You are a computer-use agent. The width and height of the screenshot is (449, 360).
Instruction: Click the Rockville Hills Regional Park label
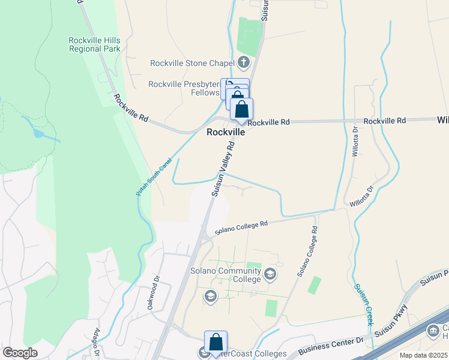coord(94,44)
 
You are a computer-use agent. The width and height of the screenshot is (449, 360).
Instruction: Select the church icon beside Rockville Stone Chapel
coord(244,62)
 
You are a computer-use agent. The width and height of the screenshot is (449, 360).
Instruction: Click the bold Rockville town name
coord(226,132)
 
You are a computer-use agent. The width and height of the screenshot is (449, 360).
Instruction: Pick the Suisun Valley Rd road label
coord(222,169)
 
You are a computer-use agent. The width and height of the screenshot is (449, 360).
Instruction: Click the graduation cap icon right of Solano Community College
coord(270,274)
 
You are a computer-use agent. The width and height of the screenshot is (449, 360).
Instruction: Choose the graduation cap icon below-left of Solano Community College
coord(210,296)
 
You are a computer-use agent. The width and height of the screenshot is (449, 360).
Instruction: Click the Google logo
coord(20,353)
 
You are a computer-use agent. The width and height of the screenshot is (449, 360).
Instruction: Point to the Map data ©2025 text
coord(423,355)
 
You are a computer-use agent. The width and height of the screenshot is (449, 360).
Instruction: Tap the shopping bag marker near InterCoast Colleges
coord(215,342)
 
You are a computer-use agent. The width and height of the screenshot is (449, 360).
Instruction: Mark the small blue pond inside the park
coord(38,133)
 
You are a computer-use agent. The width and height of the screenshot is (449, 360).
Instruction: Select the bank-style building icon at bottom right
coord(433,331)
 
